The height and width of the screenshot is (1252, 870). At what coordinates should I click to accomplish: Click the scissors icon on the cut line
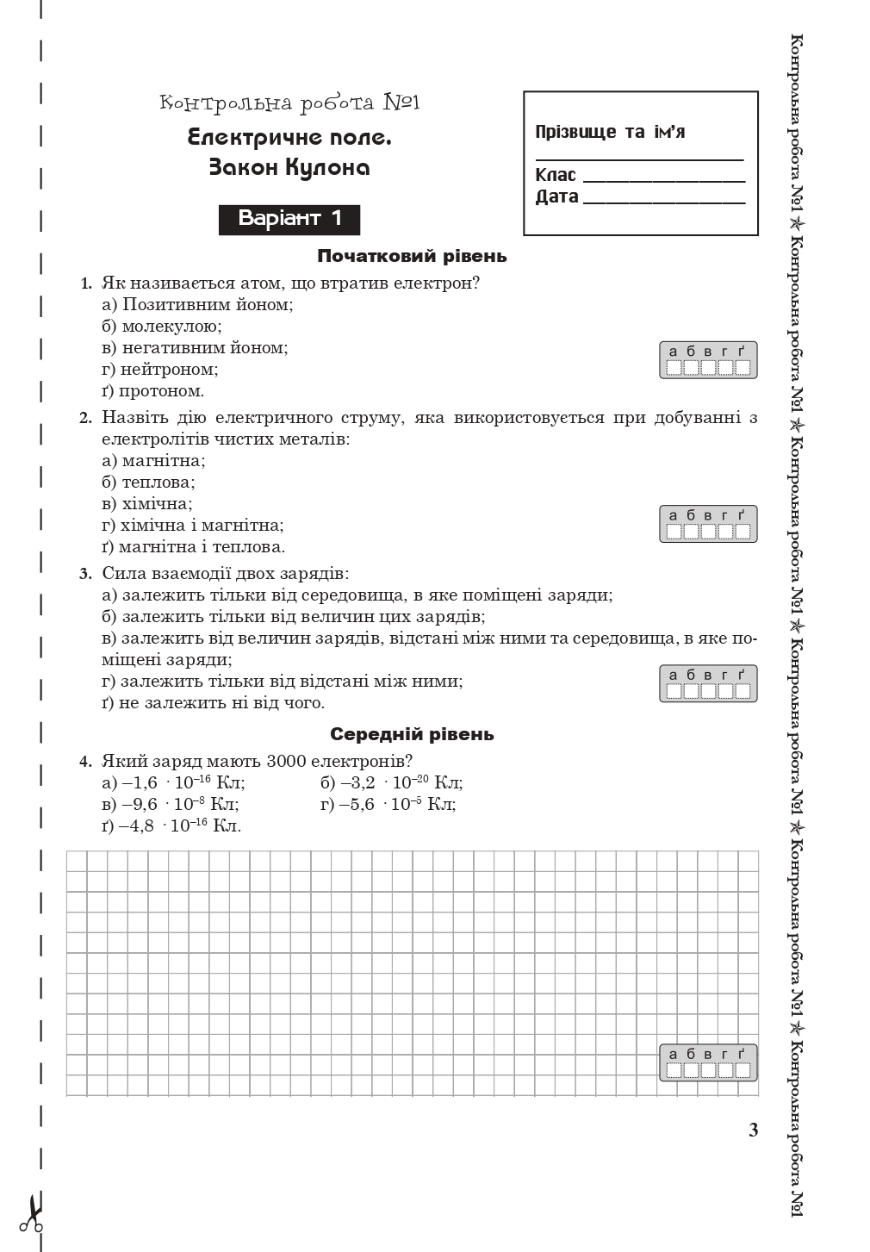(32, 1215)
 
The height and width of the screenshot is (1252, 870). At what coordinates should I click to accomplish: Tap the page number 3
(754, 1131)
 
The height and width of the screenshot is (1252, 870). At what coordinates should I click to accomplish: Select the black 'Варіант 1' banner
(289, 219)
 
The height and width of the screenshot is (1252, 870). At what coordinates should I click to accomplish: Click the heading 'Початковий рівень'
(412, 256)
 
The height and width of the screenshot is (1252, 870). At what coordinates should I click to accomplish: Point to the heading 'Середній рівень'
(412, 734)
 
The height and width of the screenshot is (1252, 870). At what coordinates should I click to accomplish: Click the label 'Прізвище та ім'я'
(610, 132)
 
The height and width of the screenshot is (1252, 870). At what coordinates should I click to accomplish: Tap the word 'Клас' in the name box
(556, 175)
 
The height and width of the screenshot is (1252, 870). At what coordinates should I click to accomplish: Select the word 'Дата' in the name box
(556, 196)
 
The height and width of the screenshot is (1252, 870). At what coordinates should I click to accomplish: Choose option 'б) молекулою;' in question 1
(162, 327)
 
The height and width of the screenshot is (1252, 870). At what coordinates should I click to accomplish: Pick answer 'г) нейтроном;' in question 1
(160, 370)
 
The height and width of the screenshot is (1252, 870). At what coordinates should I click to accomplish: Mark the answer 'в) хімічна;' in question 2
(147, 504)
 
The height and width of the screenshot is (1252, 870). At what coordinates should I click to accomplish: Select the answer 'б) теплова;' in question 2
(148, 483)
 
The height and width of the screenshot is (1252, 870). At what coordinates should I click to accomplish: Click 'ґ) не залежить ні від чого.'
(213, 703)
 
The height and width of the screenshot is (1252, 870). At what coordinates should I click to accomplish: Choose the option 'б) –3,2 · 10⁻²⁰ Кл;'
(391, 783)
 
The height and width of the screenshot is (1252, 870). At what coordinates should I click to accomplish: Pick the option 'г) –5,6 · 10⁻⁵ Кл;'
(388, 805)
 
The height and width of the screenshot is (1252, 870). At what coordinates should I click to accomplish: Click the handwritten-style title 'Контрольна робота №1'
(289, 103)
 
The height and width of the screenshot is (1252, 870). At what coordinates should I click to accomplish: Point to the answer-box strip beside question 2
(708, 524)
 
